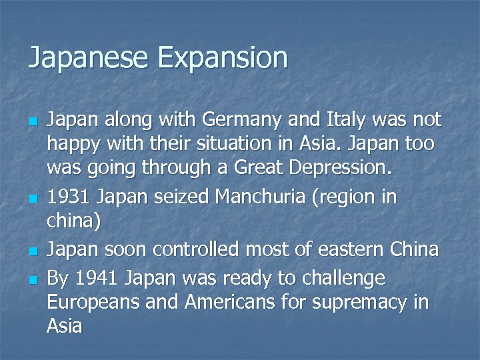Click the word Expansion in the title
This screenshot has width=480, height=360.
(223, 58)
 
